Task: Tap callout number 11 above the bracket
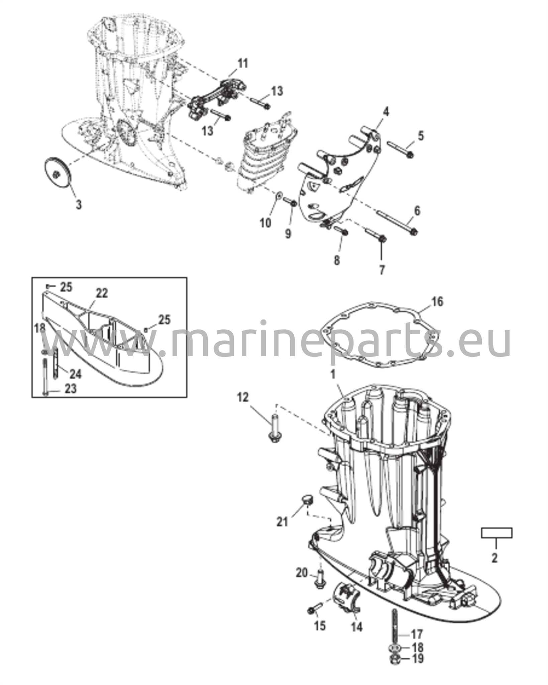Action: tap(243, 64)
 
